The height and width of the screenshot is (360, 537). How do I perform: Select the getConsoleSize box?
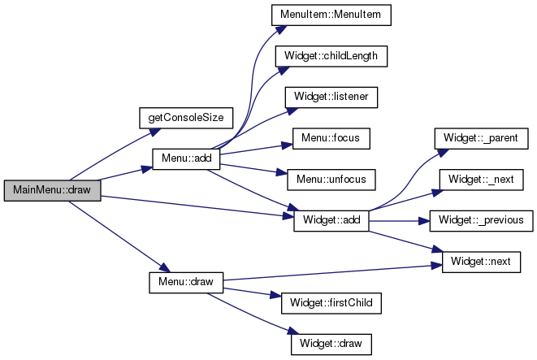tap(185, 117)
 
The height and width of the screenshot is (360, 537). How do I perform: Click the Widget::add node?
tap(331, 220)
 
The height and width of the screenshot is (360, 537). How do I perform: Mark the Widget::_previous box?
tap(482, 220)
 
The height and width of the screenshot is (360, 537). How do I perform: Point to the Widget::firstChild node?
tap(331, 302)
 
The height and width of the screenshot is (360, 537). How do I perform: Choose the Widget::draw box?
tap(331, 344)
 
